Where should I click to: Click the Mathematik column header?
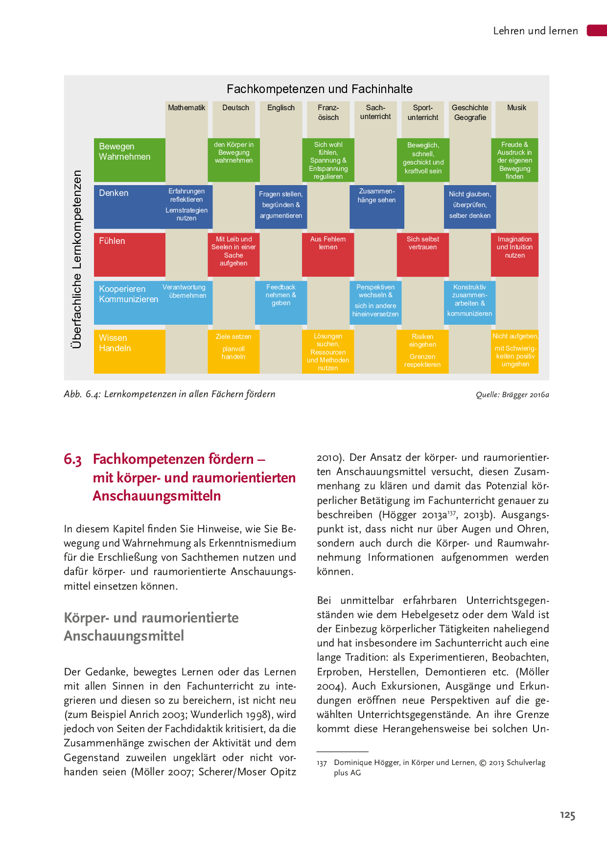[187, 108]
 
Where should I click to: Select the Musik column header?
[516, 108]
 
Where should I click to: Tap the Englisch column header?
[281, 108]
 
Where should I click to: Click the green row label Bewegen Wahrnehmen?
[125, 152]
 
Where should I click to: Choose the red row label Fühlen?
[112, 241]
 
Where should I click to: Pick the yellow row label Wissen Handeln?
[115, 343]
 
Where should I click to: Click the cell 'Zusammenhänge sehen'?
[376, 196]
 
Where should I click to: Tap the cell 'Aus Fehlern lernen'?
[328, 243]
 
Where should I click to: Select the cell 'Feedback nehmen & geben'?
[281, 295]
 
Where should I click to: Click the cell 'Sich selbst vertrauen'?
[422, 243]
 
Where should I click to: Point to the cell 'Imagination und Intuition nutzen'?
[514, 247]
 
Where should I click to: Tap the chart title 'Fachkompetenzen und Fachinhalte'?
[319, 89]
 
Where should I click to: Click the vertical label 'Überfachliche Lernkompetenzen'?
[76, 259]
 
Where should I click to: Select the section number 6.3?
[72, 459]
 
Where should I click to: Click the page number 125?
[567, 815]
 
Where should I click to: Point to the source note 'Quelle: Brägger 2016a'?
[512, 395]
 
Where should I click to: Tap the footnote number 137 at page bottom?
[322, 763]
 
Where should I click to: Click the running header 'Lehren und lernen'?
[536, 31]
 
